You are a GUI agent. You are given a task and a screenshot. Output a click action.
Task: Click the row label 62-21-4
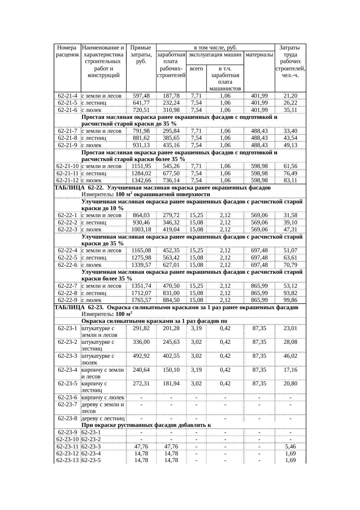pyautogui.click(x=67, y=96)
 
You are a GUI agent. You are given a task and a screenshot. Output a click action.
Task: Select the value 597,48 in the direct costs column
pyautogui.click(x=141, y=96)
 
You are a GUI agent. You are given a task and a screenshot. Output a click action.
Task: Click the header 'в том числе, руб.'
pyautogui.click(x=215, y=47)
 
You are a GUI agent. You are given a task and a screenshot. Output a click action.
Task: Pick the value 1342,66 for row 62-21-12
pyautogui.click(x=141, y=180)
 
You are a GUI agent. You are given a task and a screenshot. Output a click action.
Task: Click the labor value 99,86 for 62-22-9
pyautogui.click(x=290, y=300)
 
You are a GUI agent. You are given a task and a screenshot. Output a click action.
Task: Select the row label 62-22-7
pyautogui.click(x=67, y=286)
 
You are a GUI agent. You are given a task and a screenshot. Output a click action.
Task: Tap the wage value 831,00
pyautogui.click(x=171, y=293)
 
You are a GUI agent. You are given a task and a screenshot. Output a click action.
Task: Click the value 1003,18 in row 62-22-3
pyautogui.click(x=141, y=230)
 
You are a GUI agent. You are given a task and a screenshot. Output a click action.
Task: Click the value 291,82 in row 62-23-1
pyautogui.click(x=141, y=328)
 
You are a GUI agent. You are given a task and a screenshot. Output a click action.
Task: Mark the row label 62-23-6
pyautogui.click(x=67, y=398)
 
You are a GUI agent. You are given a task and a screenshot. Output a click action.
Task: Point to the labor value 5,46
pyautogui.click(x=290, y=446)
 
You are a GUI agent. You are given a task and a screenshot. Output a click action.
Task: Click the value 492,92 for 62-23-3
pyautogui.click(x=141, y=356)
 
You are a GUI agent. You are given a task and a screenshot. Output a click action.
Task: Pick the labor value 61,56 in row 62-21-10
pyautogui.click(x=290, y=166)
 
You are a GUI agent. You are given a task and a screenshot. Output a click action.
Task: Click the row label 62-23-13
pyautogui.click(x=67, y=460)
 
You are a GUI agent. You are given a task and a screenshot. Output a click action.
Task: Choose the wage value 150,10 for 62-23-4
pyautogui.click(x=171, y=370)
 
